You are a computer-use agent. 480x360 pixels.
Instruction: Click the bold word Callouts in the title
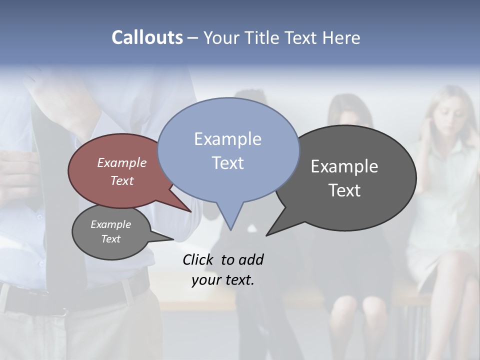147,37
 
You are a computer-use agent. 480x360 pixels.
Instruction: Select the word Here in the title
341,37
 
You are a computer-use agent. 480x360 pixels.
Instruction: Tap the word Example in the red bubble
121,162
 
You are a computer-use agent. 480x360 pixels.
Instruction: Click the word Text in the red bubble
121,180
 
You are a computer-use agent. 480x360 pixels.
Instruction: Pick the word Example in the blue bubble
227,139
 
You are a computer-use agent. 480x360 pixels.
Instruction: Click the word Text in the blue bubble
227,163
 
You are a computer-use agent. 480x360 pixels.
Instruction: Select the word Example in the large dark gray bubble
344,166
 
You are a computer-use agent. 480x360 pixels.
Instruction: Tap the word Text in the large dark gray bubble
344,190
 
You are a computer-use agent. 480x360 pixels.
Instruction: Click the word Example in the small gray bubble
110,224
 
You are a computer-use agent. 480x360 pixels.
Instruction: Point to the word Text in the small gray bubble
110,239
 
